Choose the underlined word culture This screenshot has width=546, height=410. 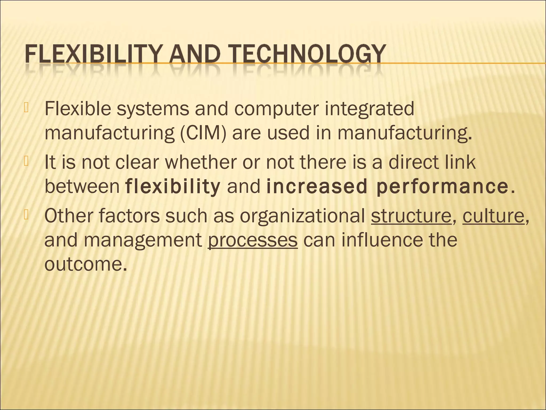pos(493,216)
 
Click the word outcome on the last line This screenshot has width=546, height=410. pos(85,264)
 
